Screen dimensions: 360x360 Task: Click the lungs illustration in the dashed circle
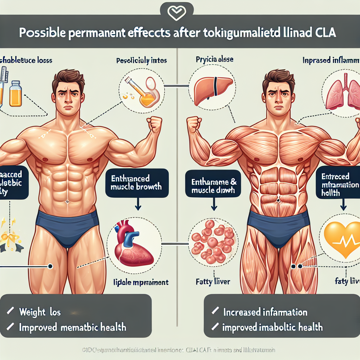pyautogui.click(x=340, y=94)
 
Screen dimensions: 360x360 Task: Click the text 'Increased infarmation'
pyautogui.click(x=265, y=312)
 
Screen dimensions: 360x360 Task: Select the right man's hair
pyautogui.click(x=278, y=79)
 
